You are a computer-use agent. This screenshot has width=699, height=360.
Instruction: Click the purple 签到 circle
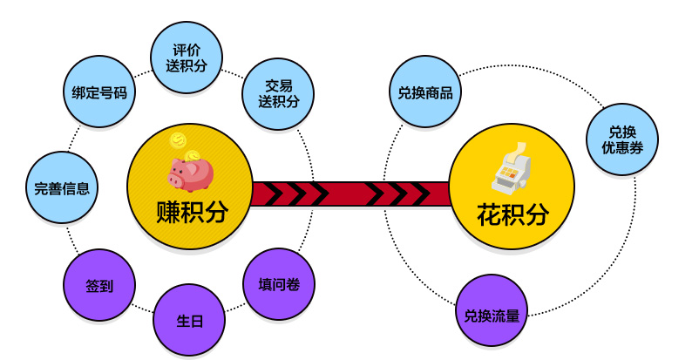(x=99, y=285)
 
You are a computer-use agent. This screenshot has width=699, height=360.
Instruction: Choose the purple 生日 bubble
(x=190, y=320)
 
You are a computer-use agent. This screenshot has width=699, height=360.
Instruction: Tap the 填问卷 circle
(x=279, y=284)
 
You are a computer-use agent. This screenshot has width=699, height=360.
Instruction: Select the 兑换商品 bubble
(x=424, y=92)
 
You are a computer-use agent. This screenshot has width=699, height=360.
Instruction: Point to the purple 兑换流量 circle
(x=492, y=311)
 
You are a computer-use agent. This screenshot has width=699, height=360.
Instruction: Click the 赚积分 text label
(x=191, y=212)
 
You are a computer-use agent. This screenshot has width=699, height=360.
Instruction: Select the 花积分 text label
(x=512, y=214)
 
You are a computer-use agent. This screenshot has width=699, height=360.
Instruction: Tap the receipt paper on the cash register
(x=520, y=150)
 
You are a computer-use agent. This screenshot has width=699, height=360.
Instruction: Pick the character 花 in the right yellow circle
(x=489, y=214)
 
